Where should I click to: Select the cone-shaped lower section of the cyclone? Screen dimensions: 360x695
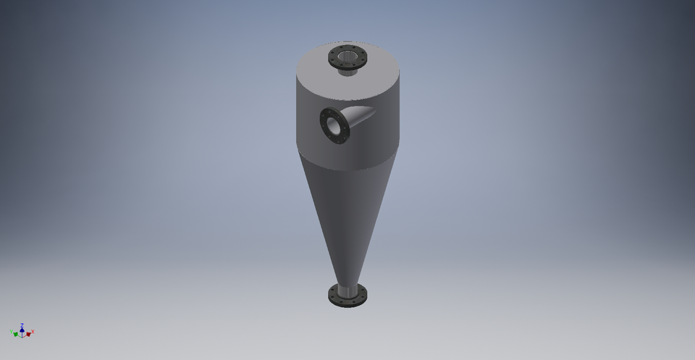coord(340,217)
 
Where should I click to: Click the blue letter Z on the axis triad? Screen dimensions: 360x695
coord(22,325)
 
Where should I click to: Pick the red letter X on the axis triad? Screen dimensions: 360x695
coord(33,332)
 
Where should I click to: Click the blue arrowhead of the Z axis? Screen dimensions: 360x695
coord(22,330)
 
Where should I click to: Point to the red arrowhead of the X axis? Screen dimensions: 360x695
coord(28,334)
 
